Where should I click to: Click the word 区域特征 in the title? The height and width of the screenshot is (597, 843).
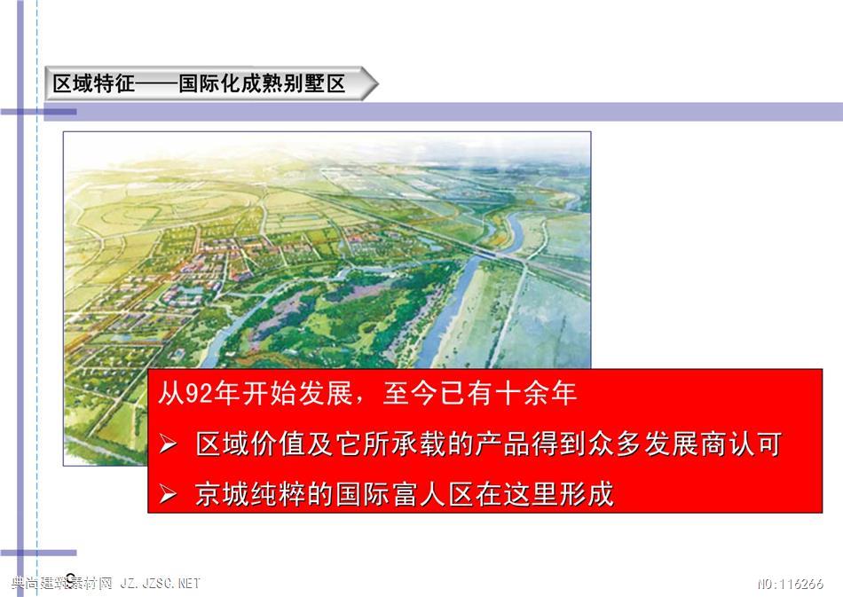point(94,83)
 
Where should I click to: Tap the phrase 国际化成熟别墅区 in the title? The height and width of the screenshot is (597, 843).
point(262,83)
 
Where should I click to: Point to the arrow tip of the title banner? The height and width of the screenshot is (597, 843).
point(377,83)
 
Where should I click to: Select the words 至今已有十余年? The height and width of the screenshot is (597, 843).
point(480,394)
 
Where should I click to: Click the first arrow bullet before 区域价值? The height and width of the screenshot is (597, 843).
point(168,445)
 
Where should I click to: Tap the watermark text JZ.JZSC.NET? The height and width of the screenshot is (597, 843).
point(161,583)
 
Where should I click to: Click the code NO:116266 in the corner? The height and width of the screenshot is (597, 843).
point(791,584)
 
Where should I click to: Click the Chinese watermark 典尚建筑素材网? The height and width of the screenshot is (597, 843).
point(61,583)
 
